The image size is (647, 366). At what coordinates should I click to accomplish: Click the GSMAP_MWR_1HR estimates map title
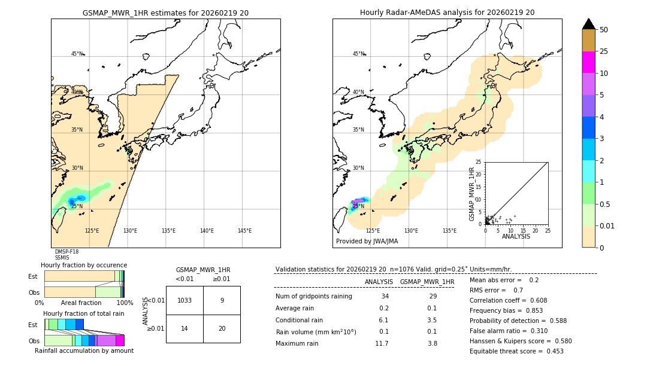pos(165,13)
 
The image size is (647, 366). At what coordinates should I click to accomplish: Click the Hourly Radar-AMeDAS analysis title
pos(447,13)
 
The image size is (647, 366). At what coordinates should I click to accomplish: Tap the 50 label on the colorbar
pos(604,30)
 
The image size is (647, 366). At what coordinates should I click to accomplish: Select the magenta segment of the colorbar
pos(589,62)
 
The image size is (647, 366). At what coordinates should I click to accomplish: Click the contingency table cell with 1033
pos(185,300)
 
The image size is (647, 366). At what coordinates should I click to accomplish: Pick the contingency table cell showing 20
pos(222,328)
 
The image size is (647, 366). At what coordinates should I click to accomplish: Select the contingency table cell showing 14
pos(185,328)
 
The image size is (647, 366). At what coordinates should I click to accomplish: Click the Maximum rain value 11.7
pos(382,343)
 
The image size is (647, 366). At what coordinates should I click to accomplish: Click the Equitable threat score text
pos(516,351)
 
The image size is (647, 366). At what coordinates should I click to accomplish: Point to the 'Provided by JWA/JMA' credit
pos(367,242)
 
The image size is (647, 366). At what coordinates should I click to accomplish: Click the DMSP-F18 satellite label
pos(66,252)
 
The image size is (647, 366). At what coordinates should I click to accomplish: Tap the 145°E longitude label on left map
pos(244,231)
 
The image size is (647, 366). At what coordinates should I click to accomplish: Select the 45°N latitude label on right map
pos(358,54)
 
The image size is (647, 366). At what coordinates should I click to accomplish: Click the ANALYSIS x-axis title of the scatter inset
pos(516,236)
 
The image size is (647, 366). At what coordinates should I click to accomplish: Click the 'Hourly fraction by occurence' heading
pos(84,265)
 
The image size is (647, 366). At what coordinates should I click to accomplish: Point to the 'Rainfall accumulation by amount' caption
pos(84,350)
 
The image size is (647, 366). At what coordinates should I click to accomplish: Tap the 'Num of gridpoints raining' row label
pos(313,296)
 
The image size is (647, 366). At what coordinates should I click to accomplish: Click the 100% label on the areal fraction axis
pos(125,303)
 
